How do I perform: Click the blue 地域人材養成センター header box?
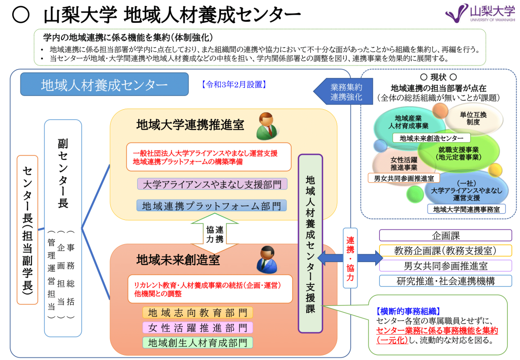pos(104,84)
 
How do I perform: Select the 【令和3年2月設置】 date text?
pos(234,84)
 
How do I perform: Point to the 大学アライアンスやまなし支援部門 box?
pos(211,184)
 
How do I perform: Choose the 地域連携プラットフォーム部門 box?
pos(211,206)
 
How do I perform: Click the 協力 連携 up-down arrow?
pos(214,233)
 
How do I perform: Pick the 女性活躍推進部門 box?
pos(197,328)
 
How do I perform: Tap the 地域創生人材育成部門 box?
pos(197,343)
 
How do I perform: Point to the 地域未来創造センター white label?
pos(431,138)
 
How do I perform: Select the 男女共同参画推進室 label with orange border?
pos(404,178)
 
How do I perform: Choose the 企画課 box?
pos(445,236)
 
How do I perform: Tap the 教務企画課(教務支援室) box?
pos(445,250)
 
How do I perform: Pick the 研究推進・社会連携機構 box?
pos(445,280)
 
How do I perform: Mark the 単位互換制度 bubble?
pos(473,118)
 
